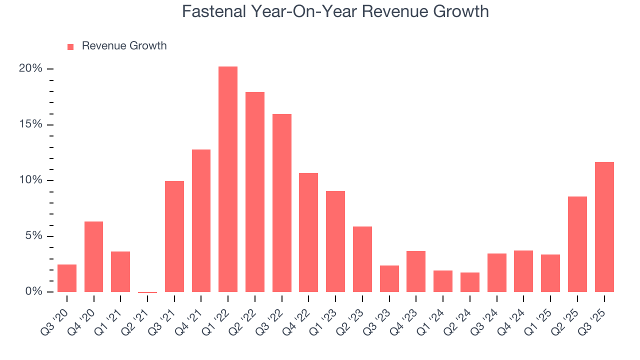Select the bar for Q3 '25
pos(604,227)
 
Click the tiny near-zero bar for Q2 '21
pos(147,292)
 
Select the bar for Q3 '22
pos(282,203)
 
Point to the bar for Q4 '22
pos(308,232)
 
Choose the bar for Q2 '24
pos(470,282)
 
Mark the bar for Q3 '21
pos(174,236)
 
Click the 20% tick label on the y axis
pos(31,68)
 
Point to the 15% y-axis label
pos(31,124)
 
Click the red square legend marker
pos(70,46)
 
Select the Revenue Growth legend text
pos(124,46)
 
